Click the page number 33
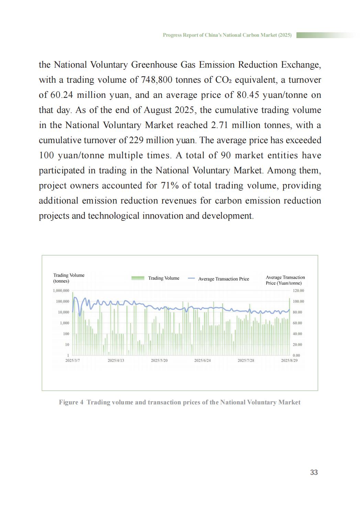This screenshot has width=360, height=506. pyautogui.click(x=314, y=472)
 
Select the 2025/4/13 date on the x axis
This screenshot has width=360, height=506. pyautogui.click(x=116, y=360)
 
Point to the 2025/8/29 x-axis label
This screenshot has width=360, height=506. pyautogui.click(x=289, y=360)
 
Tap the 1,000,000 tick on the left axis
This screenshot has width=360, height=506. pyautogui.click(x=61, y=291)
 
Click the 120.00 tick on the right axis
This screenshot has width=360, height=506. pyautogui.click(x=298, y=291)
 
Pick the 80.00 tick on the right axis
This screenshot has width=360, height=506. pyautogui.click(x=297, y=312)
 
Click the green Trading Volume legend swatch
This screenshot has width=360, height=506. pyautogui.click(x=138, y=278)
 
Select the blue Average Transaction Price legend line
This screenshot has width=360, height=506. pyautogui.click(x=191, y=278)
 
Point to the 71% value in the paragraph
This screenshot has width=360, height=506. pyautogui.click(x=170, y=186)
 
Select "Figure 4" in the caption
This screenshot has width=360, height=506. pyautogui.click(x=71, y=402)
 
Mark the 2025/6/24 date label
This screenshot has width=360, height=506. pyautogui.click(x=202, y=360)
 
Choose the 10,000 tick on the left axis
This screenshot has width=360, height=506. pyautogui.click(x=63, y=312)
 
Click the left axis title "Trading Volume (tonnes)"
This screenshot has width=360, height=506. pyautogui.click(x=69, y=278)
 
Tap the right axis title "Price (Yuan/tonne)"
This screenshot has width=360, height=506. pyautogui.click(x=284, y=283)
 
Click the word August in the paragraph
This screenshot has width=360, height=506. pyautogui.click(x=158, y=110)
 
